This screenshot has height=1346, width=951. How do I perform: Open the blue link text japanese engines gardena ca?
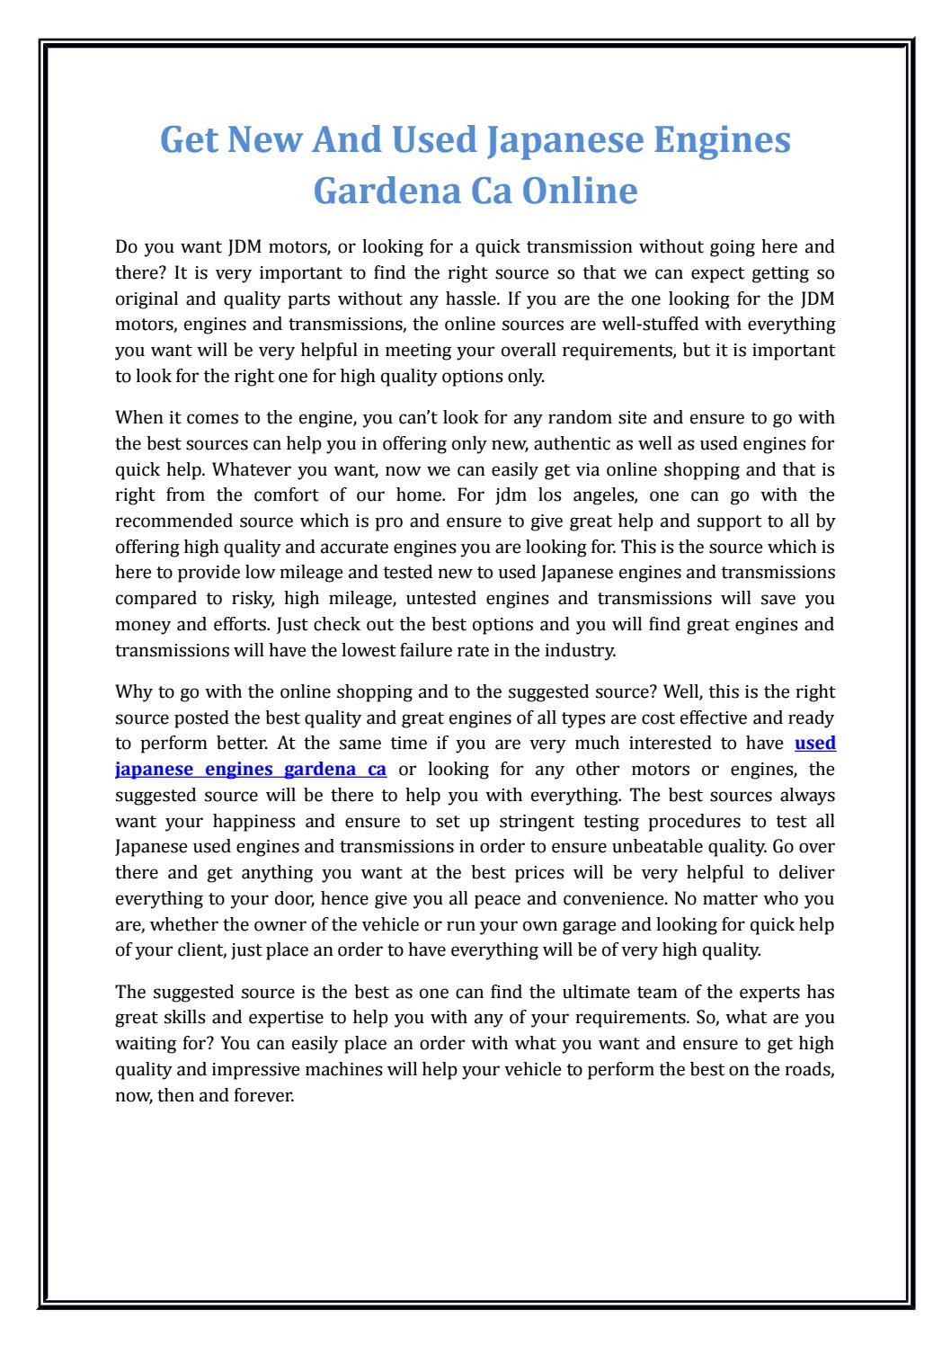(x=252, y=769)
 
